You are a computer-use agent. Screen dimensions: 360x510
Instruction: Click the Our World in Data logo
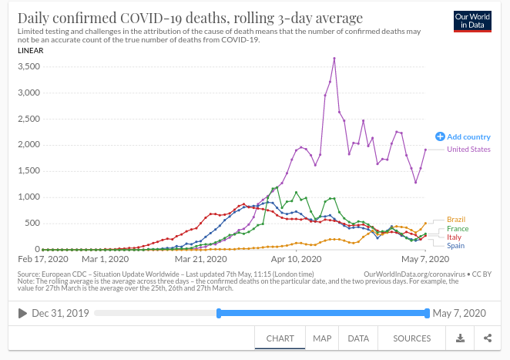pyautogui.click(x=471, y=21)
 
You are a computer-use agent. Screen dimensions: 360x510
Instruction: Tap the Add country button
pyautogui.click(x=463, y=136)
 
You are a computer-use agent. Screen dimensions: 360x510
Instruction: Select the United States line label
pyautogui.click(x=468, y=150)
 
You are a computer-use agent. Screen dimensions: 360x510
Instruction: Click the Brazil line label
pyautogui.click(x=456, y=220)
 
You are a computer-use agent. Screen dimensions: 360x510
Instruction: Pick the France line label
pyautogui.click(x=458, y=229)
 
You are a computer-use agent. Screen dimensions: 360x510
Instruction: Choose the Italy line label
pyautogui.click(x=455, y=237)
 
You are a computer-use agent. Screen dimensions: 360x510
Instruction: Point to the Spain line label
pyautogui.click(x=456, y=246)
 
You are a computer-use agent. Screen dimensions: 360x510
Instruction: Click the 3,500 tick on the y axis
pyautogui.click(x=29, y=67)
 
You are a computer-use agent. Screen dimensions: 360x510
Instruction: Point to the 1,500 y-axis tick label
pyautogui.click(x=29, y=171)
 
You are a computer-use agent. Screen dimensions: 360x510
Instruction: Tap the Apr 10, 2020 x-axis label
pyautogui.click(x=296, y=260)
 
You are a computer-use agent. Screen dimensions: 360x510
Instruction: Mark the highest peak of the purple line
pyautogui.click(x=334, y=58)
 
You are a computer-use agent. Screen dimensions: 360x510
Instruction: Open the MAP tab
pyautogui.click(x=322, y=338)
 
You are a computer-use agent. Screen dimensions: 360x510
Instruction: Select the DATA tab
pyautogui.click(x=358, y=338)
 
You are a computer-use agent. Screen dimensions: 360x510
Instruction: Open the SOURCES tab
pyautogui.click(x=411, y=338)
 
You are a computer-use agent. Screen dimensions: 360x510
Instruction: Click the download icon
pyautogui.click(x=460, y=338)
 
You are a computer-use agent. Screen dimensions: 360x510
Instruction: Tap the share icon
pyautogui.click(x=488, y=338)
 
